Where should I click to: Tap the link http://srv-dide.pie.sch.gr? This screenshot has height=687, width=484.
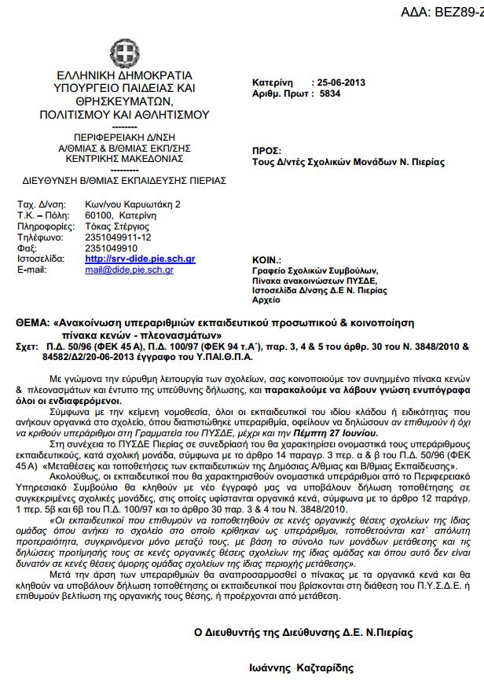point(140,259)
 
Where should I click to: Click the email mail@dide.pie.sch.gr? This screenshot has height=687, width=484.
point(129,269)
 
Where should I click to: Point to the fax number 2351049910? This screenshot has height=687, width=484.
point(113,248)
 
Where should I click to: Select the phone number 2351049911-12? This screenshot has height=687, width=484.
point(119,237)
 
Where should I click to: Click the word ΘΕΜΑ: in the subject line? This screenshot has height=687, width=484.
point(33,323)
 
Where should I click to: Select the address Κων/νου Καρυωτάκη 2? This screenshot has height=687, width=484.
point(133,204)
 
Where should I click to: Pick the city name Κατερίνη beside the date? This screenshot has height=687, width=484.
point(273,83)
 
